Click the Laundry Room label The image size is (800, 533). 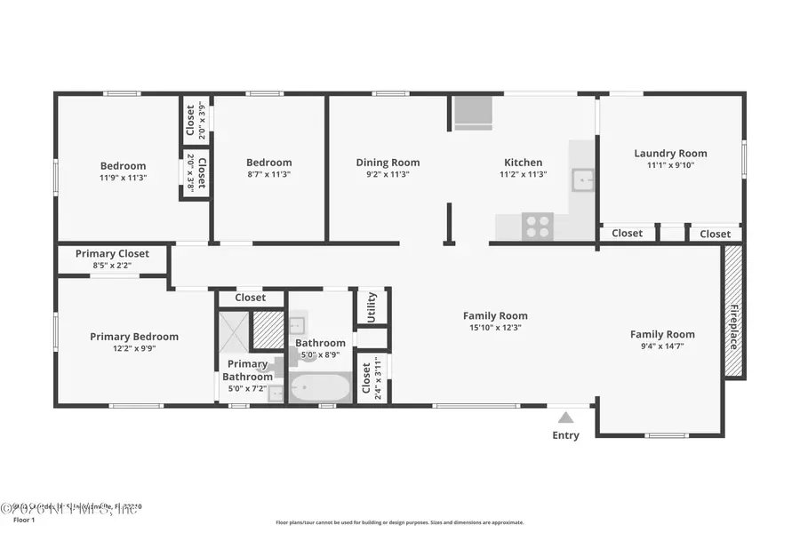(x=670, y=154)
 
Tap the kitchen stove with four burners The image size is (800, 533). (x=538, y=227)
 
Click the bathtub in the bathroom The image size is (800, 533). (x=320, y=388)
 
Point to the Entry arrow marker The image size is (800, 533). (x=565, y=415)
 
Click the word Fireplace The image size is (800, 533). (x=734, y=327)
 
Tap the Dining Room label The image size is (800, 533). (x=388, y=163)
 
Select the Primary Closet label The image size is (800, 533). (x=112, y=253)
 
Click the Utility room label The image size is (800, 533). (x=372, y=306)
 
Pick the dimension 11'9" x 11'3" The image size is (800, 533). (x=123, y=178)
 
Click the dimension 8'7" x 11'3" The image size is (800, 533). (x=268, y=175)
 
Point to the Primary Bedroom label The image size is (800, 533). (x=134, y=337)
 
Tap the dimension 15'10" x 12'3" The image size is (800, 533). (x=495, y=328)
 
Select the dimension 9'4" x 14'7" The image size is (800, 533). (x=662, y=346)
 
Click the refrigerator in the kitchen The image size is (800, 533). (x=473, y=113)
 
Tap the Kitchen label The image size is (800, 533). (x=523, y=163)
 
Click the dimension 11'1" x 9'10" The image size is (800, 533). (x=670, y=165)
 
